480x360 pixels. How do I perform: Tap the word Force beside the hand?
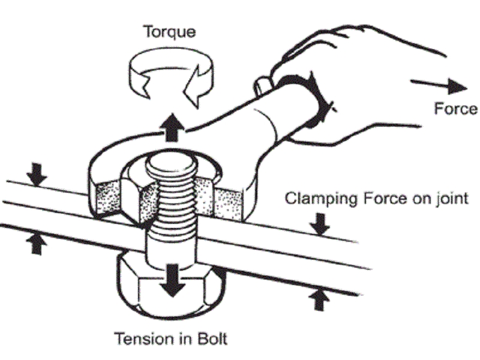tap(456, 109)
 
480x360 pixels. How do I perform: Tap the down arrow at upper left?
tap(37, 172)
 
